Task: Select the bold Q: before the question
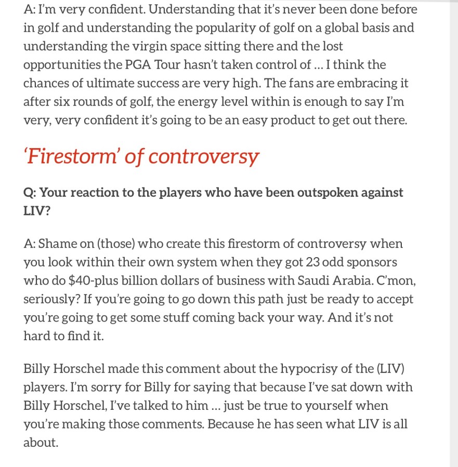point(30,192)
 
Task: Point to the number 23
point(295,262)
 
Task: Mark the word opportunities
point(59,65)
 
